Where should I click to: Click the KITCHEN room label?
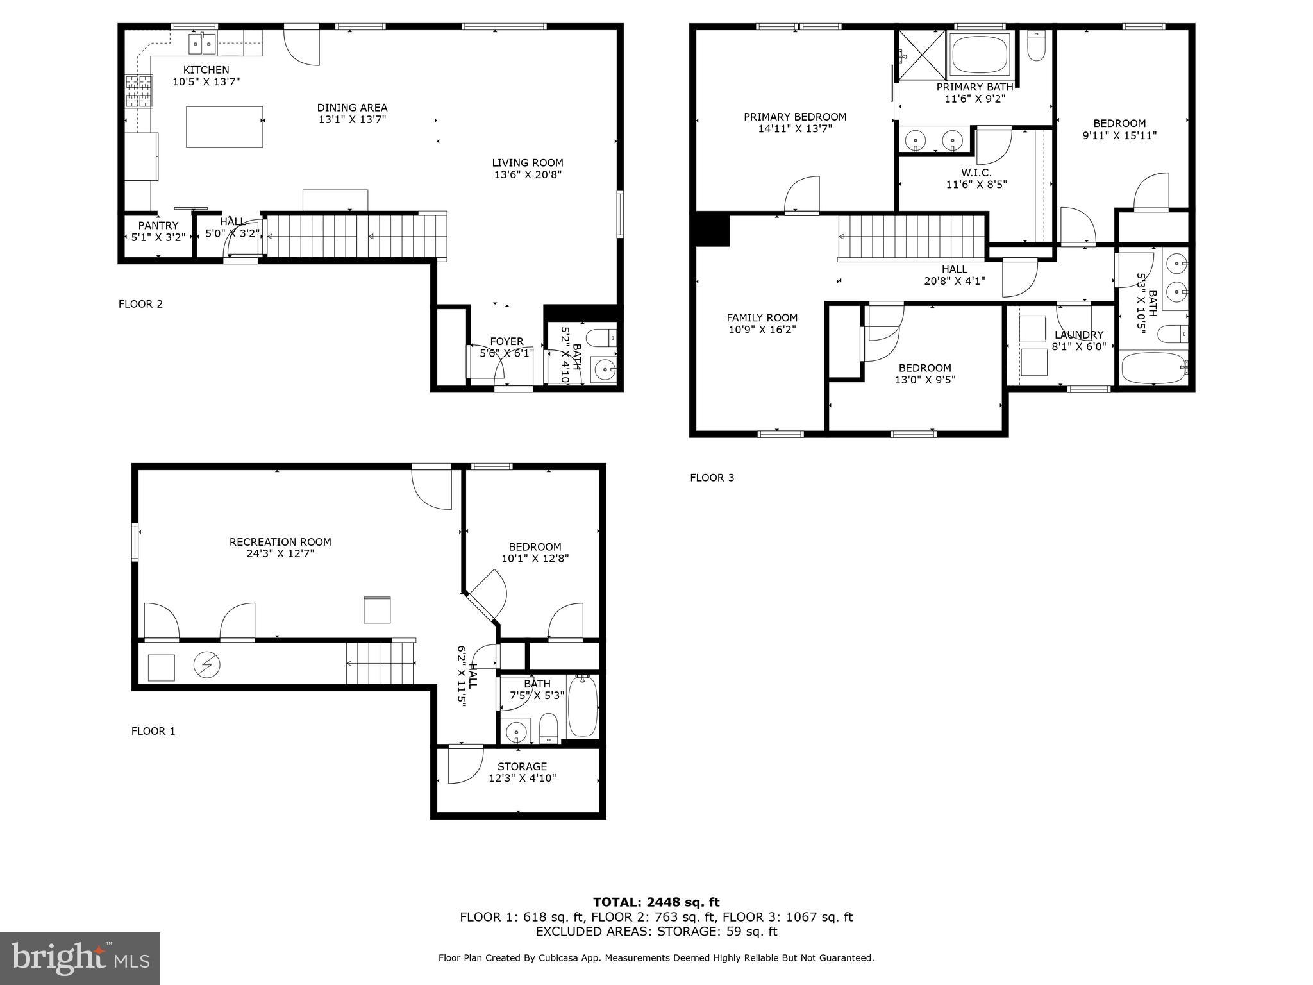[x=206, y=70]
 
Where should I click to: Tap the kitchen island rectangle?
[x=224, y=127]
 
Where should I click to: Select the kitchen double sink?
[x=202, y=44]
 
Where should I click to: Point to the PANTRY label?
[x=158, y=226]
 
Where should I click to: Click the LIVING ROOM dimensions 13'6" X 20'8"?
[x=528, y=174]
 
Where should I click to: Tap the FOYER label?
[x=506, y=341]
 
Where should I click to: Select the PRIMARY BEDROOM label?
[x=795, y=117]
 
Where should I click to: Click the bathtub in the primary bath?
[x=979, y=55]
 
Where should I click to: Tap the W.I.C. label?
[x=976, y=173]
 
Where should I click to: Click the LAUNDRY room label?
[x=1079, y=335]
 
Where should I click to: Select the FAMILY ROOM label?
[x=762, y=317]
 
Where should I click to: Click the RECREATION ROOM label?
[x=280, y=542]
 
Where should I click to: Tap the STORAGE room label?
[x=522, y=766]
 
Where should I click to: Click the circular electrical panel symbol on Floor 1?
[x=206, y=666]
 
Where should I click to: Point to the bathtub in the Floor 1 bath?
[x=582, y=706]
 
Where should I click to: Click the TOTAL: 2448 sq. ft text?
[x=656, y=902]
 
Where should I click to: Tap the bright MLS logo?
[x=80, y=958]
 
